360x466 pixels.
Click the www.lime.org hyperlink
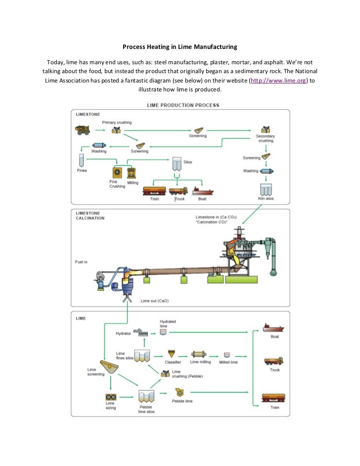click(x=279, y=81)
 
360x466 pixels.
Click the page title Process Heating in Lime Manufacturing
click(x=180, y=47)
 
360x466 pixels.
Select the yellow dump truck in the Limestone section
click(x=83, y=130)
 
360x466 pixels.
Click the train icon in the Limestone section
click(x=154, y=191)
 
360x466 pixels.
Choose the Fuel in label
click(x=82, y=261)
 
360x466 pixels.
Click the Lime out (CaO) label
click(x=154, y=300)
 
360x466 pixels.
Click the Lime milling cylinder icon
click(x=199, y=354)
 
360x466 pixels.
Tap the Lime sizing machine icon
click(x=111, y=397)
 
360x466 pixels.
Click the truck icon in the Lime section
click(x=274, y=361)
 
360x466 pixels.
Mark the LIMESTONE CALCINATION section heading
click(x=90, y=215)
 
